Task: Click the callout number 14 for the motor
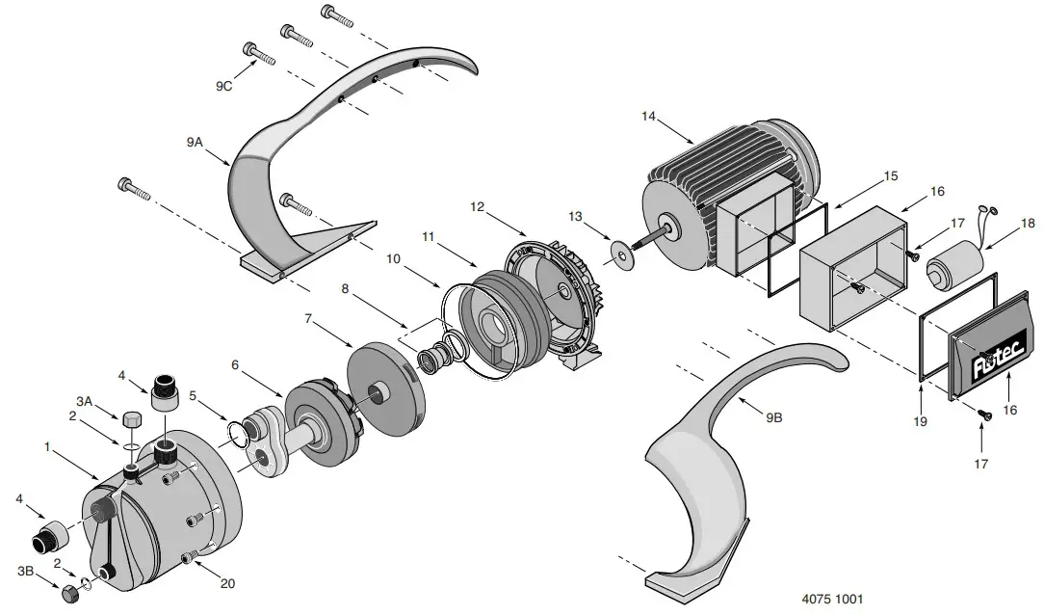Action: [x=648, y=117]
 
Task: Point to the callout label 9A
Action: [x=196, y=141]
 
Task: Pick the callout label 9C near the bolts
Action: [x=224, y=86]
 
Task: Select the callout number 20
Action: [x=226, y=583]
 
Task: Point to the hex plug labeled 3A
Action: [x=132, y=419]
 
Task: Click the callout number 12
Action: [x=480, y=206]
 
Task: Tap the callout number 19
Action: [x=922, y=421]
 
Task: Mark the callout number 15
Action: [x=889, y=176]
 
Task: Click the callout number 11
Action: [x=428, y=235]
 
